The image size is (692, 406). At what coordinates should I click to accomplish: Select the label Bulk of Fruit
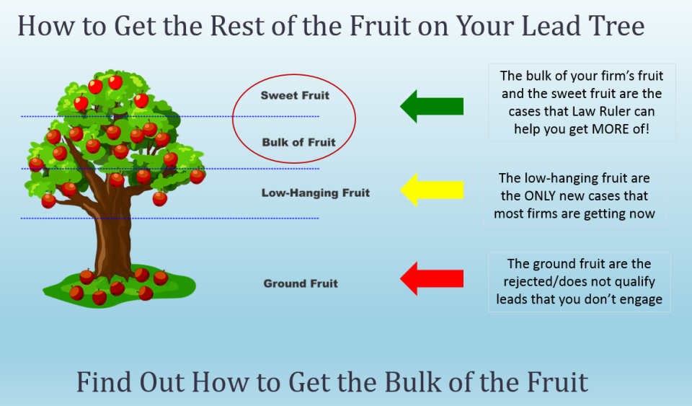click(298, 142)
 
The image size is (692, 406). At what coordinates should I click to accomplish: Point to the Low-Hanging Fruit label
click(315, 193)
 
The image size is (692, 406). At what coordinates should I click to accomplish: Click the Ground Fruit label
click(301, 283)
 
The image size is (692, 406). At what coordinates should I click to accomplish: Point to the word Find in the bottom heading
click(103, 382)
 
